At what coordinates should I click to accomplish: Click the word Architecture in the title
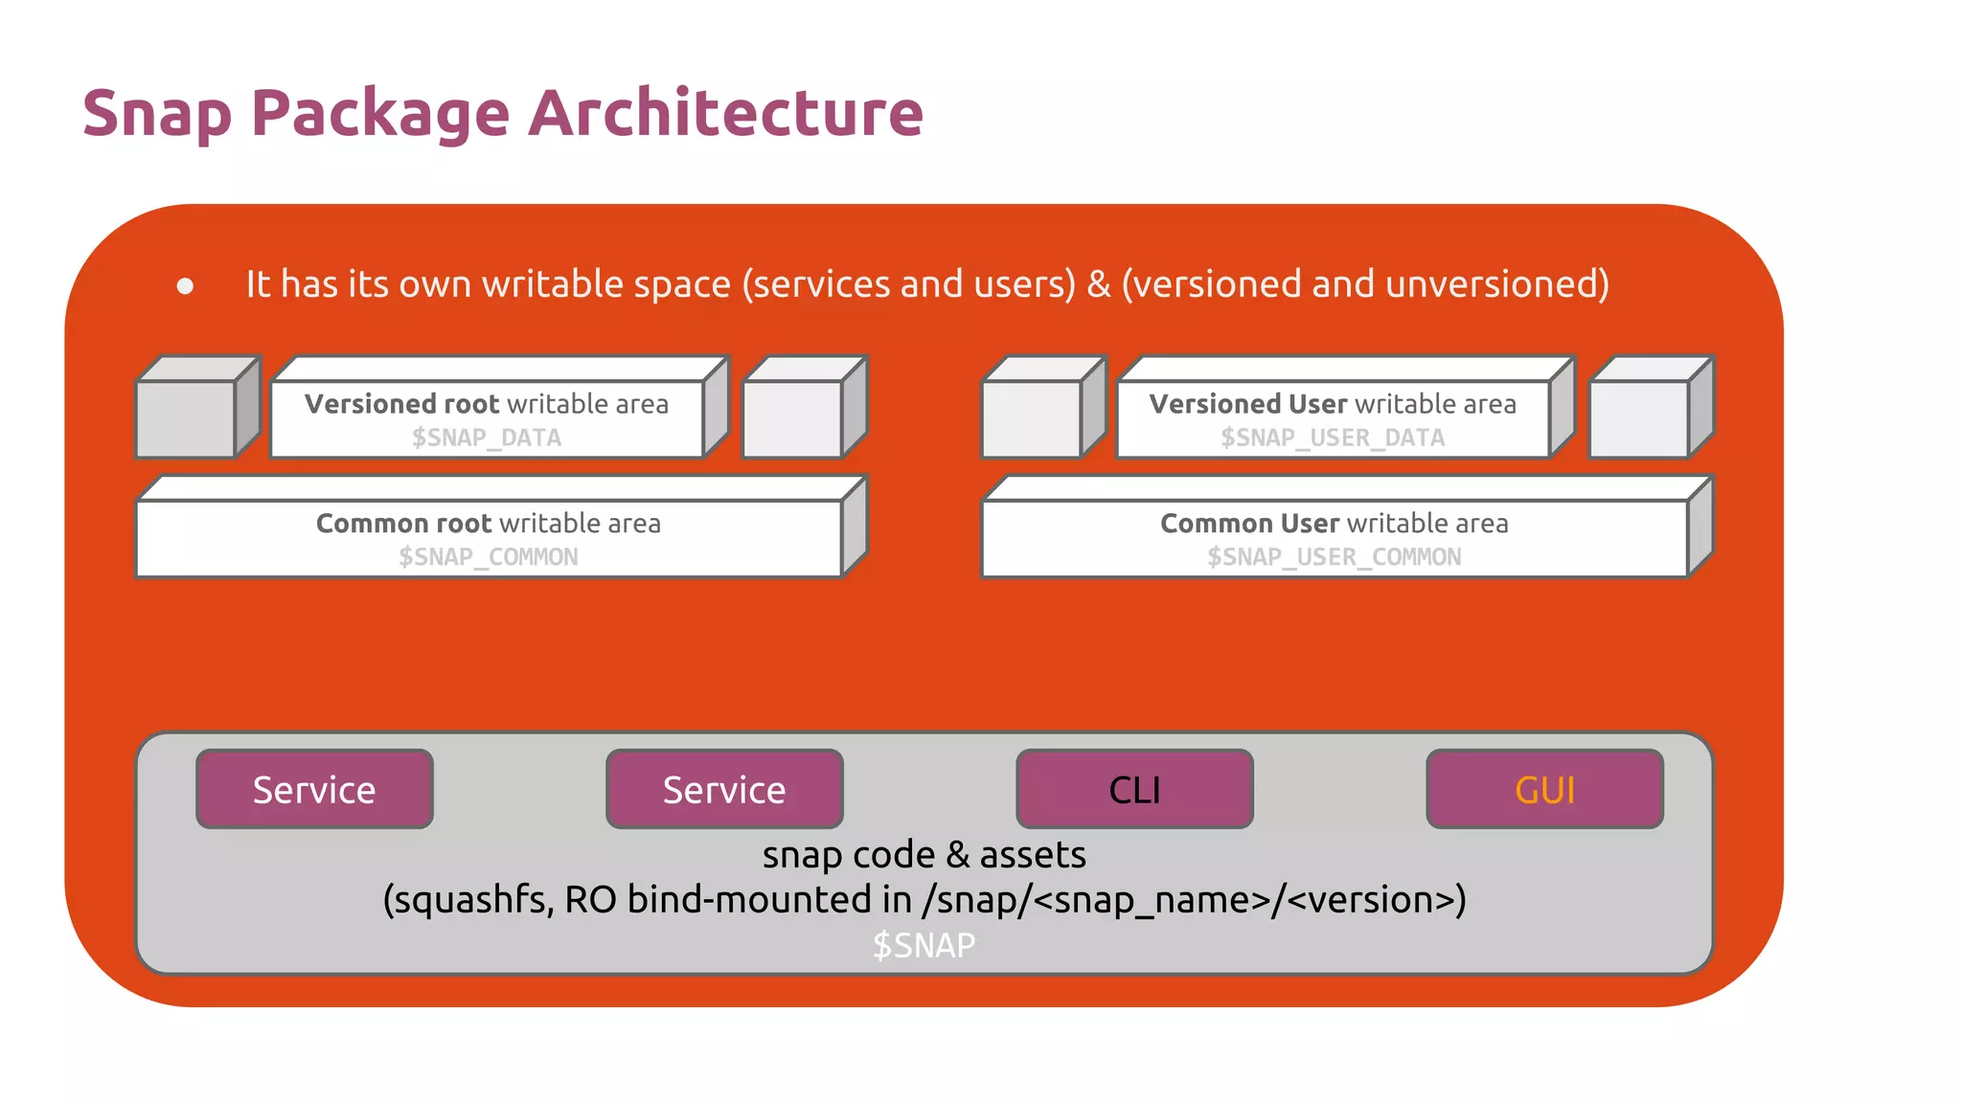click(725, 113)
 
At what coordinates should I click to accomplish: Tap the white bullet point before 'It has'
click(186, 285)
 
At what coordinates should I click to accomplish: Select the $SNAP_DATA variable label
click(487, 438)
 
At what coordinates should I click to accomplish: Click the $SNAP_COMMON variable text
click(488, 557)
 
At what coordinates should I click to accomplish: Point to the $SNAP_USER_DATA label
click(1332, 438)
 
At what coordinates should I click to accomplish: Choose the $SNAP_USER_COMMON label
click(1334, 557)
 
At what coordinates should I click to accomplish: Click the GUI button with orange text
click(1544, 790)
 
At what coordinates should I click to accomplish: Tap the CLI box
click(1134, 790)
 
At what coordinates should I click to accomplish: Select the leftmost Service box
click(314, 790)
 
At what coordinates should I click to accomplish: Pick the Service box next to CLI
click(724, 790)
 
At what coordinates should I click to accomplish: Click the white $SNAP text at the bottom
click(924, 946)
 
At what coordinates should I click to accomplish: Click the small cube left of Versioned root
click(188, 417)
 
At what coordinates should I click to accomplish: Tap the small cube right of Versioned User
click(1640, 417)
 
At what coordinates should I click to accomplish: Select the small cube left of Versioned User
click(1033, 417)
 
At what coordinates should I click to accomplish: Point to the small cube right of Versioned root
click(794, 417)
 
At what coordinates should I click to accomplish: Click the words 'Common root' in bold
click(404, 524)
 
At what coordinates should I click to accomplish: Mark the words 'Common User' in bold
click(1249, 524)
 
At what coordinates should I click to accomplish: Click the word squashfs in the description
click(469, 901)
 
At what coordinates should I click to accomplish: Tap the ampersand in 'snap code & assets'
click(957, 856)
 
